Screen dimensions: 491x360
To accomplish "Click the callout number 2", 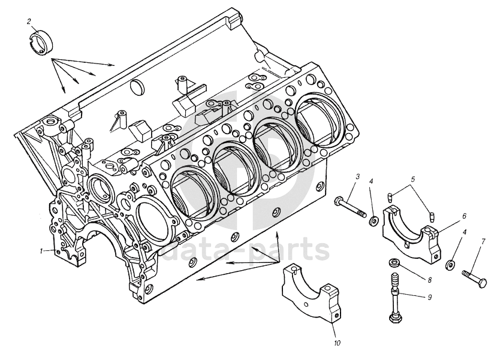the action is [x=29, y=22].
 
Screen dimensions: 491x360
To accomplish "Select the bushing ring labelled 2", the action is [x=41, y=44].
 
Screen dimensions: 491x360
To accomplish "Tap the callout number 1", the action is [x=41, y=251].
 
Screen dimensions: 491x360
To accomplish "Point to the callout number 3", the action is [x=357, y=177].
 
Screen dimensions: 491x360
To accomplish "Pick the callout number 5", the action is [x=412, y=179].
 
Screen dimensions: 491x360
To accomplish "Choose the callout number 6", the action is [x=464, y=216].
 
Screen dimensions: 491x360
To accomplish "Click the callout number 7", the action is [x=483, y=241].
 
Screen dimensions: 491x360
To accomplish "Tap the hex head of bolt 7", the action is [x=483, y=283].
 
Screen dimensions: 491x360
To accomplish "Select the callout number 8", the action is [x=430, y=280].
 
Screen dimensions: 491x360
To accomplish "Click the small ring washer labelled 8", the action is [x=393, y=263].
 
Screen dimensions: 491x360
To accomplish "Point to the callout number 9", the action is [x=430, y=297].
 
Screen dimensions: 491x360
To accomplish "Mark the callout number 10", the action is [x=337, y=343].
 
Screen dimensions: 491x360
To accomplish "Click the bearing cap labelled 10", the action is [x=311, y=294].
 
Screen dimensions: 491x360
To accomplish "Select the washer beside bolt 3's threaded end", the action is [x=373, y=220].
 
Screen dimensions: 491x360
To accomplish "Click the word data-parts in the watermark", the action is [x=246, y=250].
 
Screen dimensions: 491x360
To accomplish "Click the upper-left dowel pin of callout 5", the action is [x=390, y=197].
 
